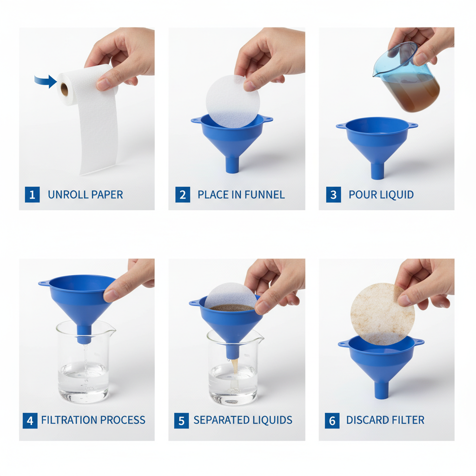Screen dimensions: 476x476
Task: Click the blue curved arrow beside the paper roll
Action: pos(45,81)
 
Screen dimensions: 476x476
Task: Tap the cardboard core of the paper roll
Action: pos(64,88)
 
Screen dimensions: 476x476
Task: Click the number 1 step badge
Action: pos(32,195)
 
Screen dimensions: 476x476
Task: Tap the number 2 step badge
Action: pos(183,195)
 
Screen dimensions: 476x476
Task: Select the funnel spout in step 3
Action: pos(377,170)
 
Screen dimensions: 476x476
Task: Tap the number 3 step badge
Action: pos(333,195)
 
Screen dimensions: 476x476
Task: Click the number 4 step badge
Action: pos(30,420)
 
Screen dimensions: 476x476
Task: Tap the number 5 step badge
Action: pos(181,420)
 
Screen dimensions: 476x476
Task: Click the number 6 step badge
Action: pos(332,420)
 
